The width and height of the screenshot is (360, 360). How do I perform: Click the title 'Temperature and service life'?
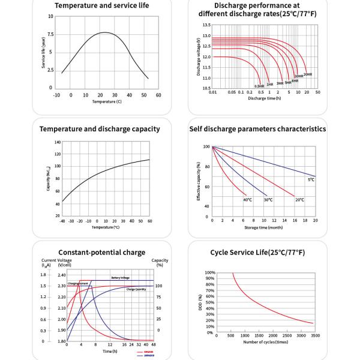pos(102,6)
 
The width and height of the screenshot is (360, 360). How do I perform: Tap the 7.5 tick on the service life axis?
pos(51,34)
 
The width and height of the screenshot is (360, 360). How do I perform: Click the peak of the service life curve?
pos(104,32)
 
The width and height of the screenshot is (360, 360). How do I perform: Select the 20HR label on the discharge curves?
pos(308,74)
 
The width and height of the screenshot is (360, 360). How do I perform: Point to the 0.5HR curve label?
pos(259,86)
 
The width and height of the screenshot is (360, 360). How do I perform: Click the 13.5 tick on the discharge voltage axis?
pos(206,25)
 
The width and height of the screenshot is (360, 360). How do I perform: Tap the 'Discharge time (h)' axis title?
pos(264,98)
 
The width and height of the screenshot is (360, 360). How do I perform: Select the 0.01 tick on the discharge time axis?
pos(212,92)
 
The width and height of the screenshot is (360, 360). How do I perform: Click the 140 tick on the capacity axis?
pos(58,142)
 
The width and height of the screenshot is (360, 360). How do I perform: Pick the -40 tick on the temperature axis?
pos(62,221)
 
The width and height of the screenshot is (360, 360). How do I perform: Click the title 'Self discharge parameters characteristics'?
pos(257,129)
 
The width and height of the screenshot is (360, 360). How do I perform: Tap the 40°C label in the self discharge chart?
pos(247,199)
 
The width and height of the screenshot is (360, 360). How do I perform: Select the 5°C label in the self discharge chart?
pos(311,179)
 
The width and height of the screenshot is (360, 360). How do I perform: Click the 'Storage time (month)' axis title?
pos(264,227)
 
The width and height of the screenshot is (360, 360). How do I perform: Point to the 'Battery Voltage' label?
pos(119,278)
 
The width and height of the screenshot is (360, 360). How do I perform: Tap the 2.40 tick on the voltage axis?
pos(62,275)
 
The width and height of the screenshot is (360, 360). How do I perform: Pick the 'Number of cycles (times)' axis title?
pos(265,343)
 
